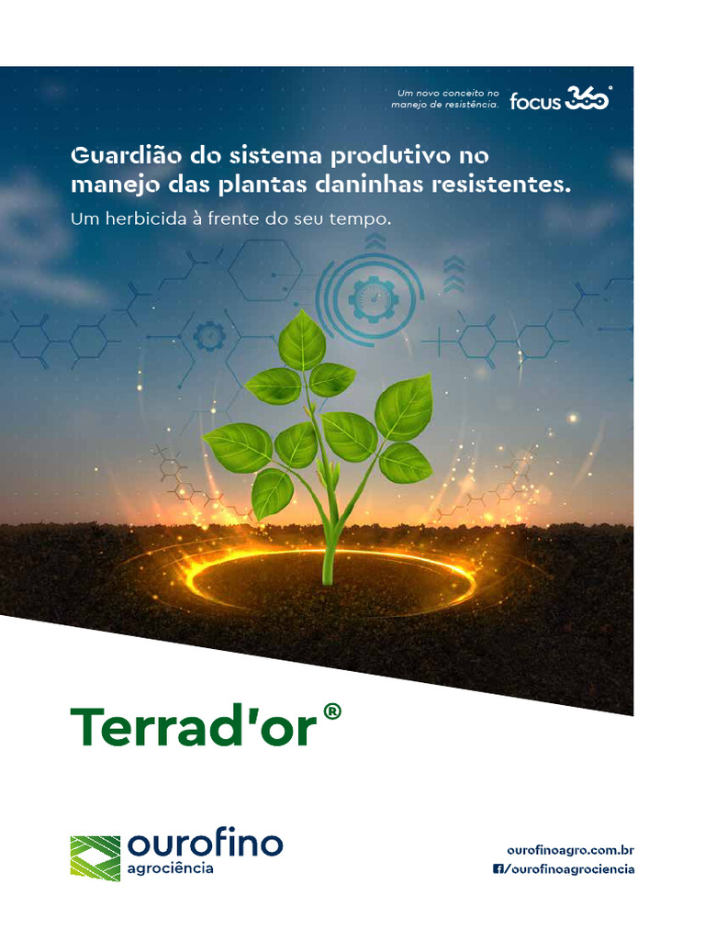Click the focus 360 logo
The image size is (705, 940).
(560, 99)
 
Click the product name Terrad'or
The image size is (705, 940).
(194, 726)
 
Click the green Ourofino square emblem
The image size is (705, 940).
(95, 857)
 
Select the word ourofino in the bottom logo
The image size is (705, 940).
(206, 844)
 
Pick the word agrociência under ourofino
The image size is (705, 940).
(171, 868)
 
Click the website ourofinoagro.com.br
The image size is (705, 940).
(570, 851)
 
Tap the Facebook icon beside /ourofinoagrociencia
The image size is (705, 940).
(498, 869)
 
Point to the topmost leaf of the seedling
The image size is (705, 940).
(302, 340)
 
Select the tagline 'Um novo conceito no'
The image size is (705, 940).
(447, 93)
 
